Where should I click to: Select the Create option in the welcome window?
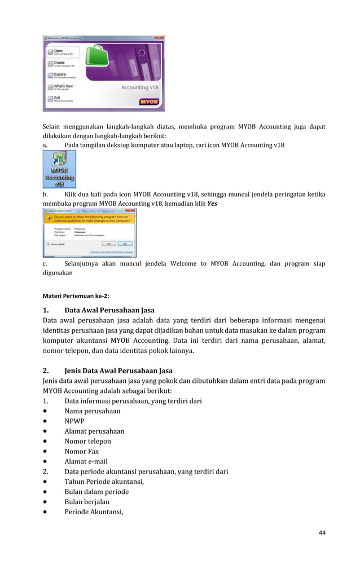(x=59, y=64)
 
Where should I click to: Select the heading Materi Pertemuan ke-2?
(x=76, y=295)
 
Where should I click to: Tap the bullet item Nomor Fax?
(x=81, y=452)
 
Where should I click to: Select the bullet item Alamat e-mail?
(x=86, y=462)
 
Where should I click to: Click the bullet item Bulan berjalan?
(x=87, y=502)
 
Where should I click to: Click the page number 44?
(x=322, y=532)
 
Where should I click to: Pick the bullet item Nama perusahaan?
(x=92, y=411)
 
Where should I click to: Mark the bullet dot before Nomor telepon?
(x=46, y=442)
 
